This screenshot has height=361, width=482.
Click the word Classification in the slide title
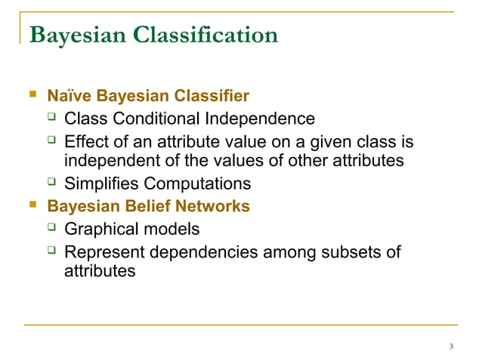(204, 35)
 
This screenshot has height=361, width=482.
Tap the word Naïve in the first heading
(66, 97)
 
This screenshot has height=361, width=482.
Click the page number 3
(450, 347)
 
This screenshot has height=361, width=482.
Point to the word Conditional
(156, 119)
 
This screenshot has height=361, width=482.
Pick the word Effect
(86, 141)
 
